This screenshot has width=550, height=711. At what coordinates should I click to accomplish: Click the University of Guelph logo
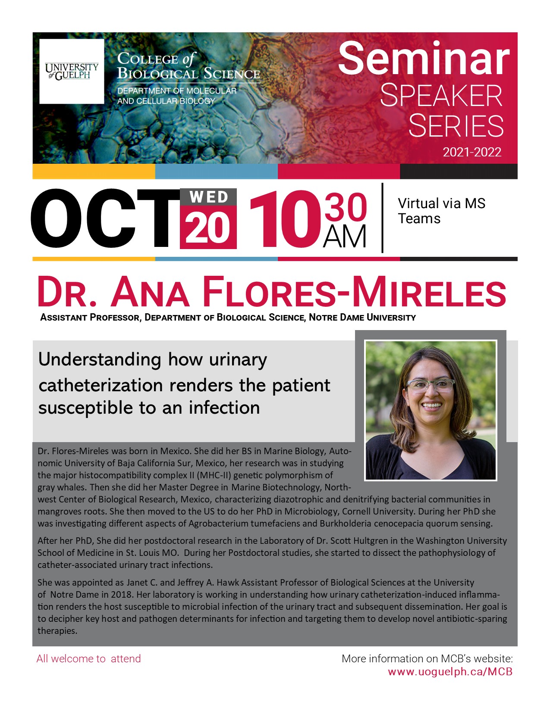coord(72,72)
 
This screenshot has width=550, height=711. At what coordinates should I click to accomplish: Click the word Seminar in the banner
coord(424,59)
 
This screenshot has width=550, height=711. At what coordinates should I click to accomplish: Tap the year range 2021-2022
coord(472,153)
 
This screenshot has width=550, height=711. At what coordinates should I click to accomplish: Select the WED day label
coord(208,197)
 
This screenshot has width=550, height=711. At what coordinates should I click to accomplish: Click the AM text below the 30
coord(344,237)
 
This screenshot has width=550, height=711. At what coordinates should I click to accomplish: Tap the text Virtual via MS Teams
coord(441,211)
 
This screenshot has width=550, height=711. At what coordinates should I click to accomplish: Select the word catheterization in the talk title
coord(100,385)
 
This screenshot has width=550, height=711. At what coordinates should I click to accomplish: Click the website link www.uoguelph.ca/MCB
coord(450,672)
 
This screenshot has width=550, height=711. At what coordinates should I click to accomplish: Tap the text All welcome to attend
coord(88,659)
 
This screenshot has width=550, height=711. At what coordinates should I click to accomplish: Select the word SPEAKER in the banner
coord(441,96)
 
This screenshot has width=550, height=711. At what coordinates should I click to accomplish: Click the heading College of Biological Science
coord(189,66)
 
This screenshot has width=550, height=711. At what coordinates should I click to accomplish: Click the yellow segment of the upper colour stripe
coord(94,172)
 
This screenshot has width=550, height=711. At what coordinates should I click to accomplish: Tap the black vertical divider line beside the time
coord(382,218)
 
